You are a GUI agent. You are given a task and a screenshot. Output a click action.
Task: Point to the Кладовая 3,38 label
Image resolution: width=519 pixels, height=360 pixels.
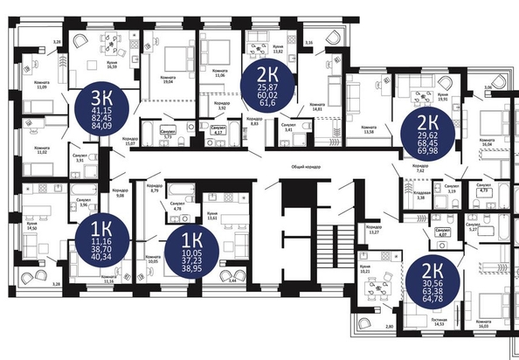pos(420,197)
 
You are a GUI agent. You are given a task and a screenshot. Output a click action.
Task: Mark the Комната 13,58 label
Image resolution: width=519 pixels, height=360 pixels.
pos(368,128)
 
